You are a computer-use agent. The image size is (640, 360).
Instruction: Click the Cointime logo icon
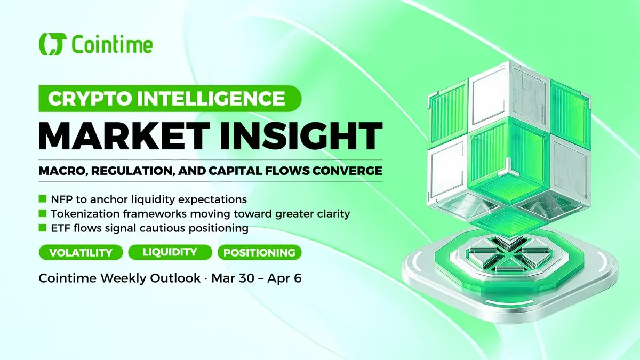tap(53, 44)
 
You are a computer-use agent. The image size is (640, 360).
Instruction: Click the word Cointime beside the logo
tap(113, 44)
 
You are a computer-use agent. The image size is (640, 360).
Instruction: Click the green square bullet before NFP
tap(43, 198)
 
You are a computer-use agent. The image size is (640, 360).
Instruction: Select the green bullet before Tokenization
tap(43, 213)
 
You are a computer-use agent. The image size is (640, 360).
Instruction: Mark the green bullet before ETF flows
tap(43, 228)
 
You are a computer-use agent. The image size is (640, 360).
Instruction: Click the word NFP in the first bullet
tap(61, 199)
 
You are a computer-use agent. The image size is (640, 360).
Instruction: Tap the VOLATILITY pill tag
tap(81, 252)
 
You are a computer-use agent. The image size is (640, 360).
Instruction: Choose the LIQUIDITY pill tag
tap(170, 252)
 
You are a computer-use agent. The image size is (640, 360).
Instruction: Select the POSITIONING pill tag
tap(259, 252)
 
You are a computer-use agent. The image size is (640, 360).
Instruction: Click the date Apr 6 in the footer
tap(284, 278)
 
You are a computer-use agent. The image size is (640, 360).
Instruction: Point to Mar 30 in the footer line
tap(233, 278)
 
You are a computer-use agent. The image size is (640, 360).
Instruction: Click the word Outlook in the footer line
tap(175, 278)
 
